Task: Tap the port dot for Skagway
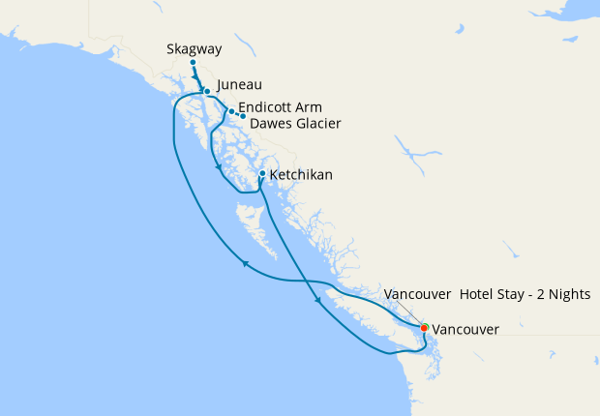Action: [x=193, y=63]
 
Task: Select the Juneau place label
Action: [x=239, y=84]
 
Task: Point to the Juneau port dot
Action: [x=207, y=92]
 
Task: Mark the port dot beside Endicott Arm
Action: [x=231, y=112]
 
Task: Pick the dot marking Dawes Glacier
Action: [x=243, y=116]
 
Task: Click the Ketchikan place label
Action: [x=301, y=175]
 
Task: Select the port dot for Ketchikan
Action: [x=262, y=174]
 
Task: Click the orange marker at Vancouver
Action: [x=424, y=328]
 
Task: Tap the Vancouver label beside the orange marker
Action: [x=465, y=330]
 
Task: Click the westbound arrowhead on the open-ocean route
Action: [x=246, y=263]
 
